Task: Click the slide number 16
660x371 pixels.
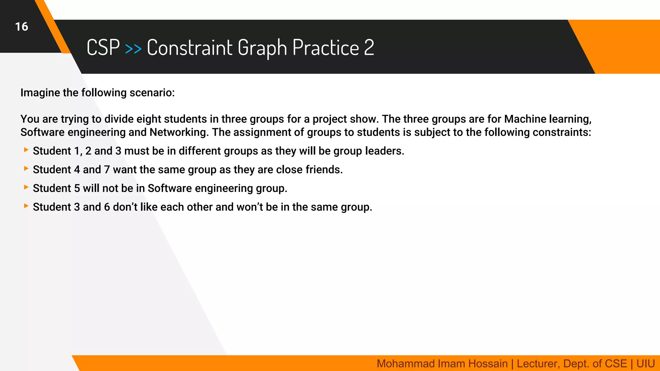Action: tap(22, 27)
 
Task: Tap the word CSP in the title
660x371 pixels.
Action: tap(103, 48)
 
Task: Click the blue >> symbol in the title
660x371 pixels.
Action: tap(133, 49)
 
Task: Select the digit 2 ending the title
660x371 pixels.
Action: tap(369, 48)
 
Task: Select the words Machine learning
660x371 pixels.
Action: tap(548, 119)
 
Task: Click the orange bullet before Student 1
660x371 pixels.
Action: tap(26, 150)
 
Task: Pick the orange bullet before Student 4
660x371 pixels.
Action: tap(26, 168)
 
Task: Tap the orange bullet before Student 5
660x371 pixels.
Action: tap(26, 187)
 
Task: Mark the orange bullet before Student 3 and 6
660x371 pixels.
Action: tap(26, 206)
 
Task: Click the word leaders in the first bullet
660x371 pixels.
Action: tap(383, 151)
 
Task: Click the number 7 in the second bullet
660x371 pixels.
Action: tap(107, 170)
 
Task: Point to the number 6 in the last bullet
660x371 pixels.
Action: tap(107, 207)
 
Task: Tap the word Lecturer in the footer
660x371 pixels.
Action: tap(538, 364)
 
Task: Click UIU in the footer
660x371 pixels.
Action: tap(645, 364)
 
